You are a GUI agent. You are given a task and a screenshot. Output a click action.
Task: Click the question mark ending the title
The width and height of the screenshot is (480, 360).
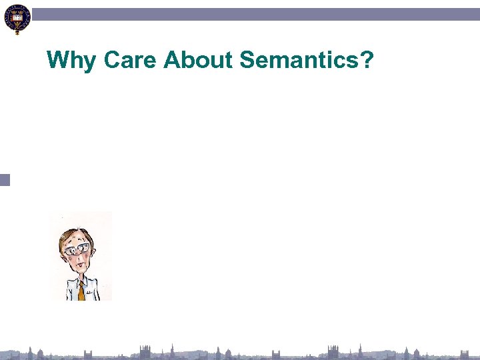click(x=367, y=61)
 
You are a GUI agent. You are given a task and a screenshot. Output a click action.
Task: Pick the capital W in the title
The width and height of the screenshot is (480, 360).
click(x=58, y=61)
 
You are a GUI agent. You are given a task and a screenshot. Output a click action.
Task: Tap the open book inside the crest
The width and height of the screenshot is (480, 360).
click(x=17, y=13)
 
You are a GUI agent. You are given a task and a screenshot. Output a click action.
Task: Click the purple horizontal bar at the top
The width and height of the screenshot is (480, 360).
click(x=253, y=14)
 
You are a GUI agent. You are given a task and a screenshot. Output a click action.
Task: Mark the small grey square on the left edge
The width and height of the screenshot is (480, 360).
click(x=5, y=179)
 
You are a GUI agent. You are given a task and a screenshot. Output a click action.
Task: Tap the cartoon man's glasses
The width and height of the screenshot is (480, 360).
click(x=77, y=249)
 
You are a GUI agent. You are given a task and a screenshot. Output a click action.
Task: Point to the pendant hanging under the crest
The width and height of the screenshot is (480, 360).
click(x=17, y=31)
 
